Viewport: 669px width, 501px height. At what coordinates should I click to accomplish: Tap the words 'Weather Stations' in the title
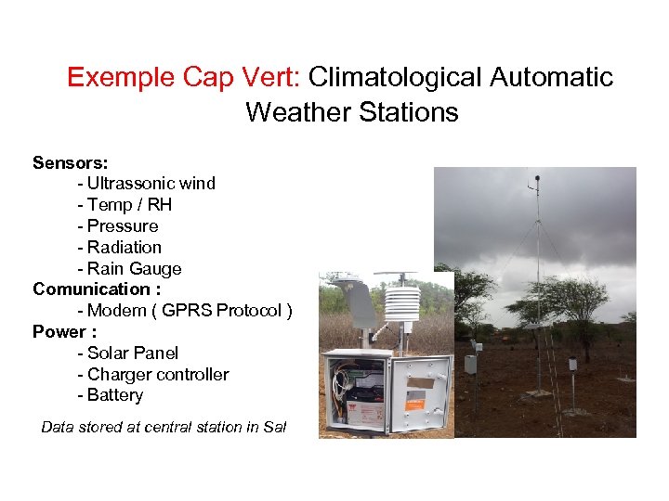pyautogui.click(x=351, y=113)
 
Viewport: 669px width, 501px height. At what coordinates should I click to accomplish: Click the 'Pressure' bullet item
pyautogui.click(x=123, y=226)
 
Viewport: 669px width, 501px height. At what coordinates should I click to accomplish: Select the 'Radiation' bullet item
pyautogui.click(x=125, y=248)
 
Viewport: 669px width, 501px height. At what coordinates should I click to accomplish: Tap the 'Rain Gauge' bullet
pyautogui.click(x=134, y=269)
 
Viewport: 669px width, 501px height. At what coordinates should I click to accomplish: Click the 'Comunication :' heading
pyautogui.click(x=97, y=289)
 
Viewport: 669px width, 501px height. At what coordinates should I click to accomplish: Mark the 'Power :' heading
pyautogui.click(x=64, y=332)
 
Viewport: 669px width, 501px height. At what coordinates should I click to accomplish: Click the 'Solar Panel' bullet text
pyautogui.click(x=132, y=353)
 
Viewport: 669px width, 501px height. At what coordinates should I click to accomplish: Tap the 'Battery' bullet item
pyautogui.click(x=115, y=395)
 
